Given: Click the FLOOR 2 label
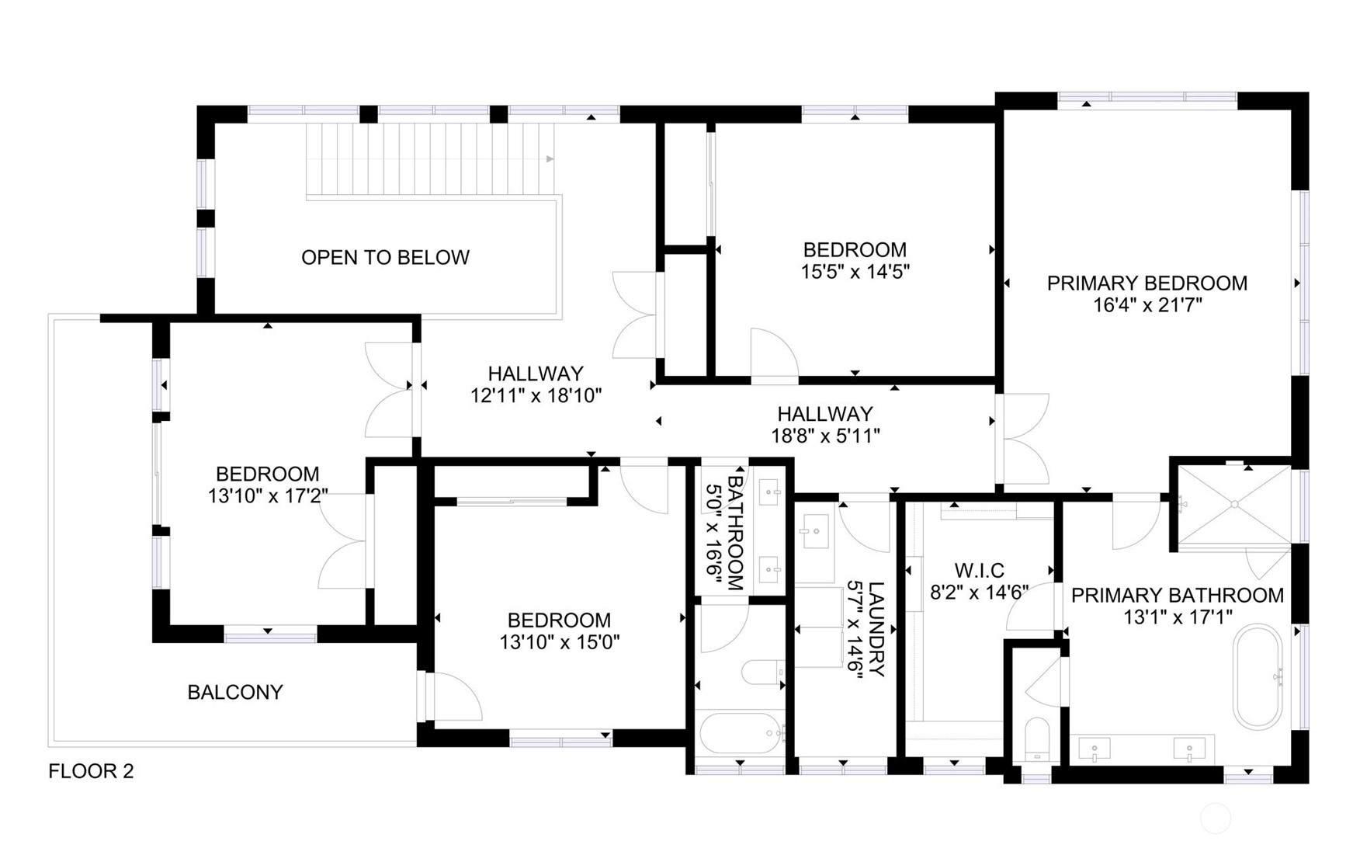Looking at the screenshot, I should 91,771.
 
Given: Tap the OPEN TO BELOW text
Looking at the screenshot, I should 385,258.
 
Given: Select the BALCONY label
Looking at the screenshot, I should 235,692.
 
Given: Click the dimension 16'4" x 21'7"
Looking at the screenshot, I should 1147,305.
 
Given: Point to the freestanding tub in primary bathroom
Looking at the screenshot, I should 1258,676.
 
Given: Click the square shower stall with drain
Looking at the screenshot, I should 1234,504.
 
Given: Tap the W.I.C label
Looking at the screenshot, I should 979,571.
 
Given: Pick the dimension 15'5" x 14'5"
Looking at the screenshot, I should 855,272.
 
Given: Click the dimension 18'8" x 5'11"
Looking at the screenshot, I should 825,436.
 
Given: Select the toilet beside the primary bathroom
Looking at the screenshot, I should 1036,739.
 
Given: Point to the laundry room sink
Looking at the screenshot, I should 814,533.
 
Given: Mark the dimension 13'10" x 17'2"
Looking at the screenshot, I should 268,496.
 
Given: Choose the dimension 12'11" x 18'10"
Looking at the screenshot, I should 536,396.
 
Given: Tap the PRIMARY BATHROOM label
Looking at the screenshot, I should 1178,596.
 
